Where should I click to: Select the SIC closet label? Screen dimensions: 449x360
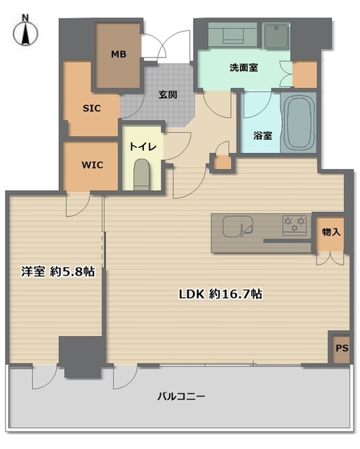pos(93,109)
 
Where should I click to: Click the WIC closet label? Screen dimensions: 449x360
pos(92,166)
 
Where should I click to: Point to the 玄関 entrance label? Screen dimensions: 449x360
pos(167,95)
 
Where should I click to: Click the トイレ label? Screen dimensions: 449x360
pos(142,148)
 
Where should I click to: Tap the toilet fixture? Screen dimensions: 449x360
pos(142,174)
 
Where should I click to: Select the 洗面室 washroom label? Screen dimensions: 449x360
pos(243,69)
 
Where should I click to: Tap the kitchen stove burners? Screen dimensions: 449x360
pos(295,224)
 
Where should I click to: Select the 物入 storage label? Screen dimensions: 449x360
pos(331,232)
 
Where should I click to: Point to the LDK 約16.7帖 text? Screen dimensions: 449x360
pos(220,295)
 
